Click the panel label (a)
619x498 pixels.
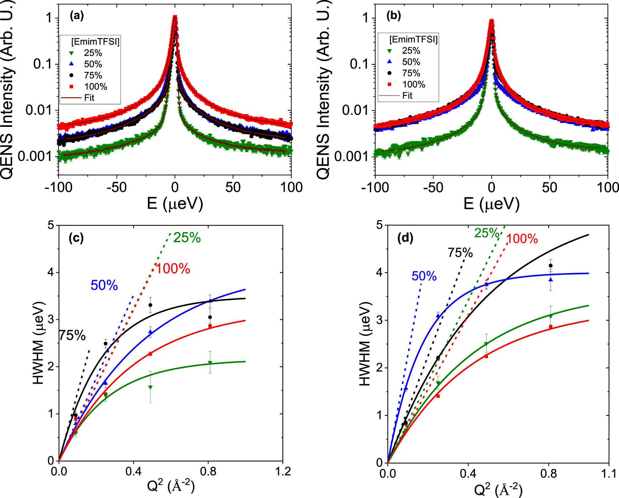point(77,16)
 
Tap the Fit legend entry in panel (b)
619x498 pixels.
point(407,96)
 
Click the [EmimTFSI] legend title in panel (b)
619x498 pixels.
point(413,40)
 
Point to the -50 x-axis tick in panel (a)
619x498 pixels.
point(117,187)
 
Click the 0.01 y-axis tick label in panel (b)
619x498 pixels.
point(355,110)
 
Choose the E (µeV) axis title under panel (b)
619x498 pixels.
point(491,204)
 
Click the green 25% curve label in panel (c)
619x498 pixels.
point(187,238)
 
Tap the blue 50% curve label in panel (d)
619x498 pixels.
point(424,276)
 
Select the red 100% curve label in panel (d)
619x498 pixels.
point(522,239)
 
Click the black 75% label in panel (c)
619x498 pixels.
point(72,336)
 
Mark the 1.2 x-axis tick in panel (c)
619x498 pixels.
point(283,471)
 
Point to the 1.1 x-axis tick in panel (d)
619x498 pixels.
point(609,473)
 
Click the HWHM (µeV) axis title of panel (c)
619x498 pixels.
point(38,343)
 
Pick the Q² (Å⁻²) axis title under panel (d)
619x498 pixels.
point(498,489)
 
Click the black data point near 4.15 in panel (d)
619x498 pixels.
point(550,266)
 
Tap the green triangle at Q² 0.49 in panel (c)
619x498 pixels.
point(150,387)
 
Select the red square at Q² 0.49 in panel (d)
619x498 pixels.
point(486,356)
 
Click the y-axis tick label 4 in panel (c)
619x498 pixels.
point(51,272)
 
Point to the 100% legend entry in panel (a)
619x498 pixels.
point(95,87)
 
